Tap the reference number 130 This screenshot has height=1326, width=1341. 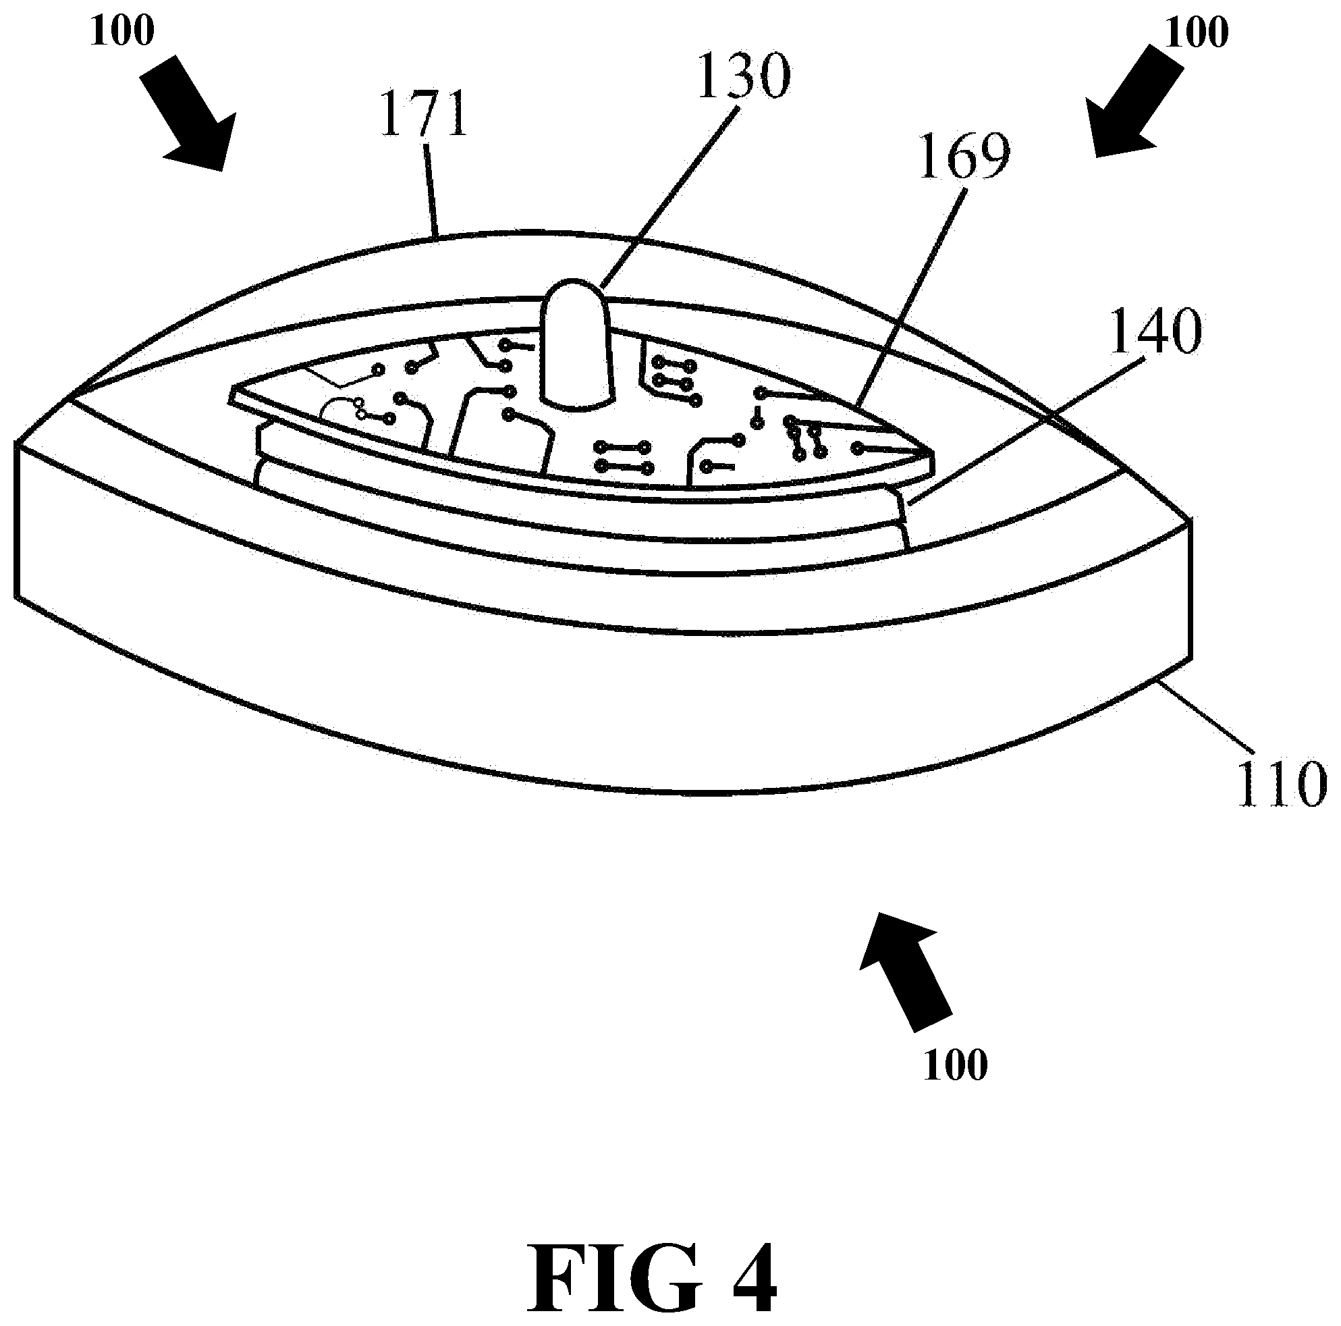tap(742, 77)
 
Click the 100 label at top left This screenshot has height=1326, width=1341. tap(121, 31)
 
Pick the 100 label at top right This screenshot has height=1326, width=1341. tap(1197, 31)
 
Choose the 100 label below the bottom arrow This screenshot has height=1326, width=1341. tap(955, 1065)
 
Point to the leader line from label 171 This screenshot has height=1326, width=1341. tap(432, 188)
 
